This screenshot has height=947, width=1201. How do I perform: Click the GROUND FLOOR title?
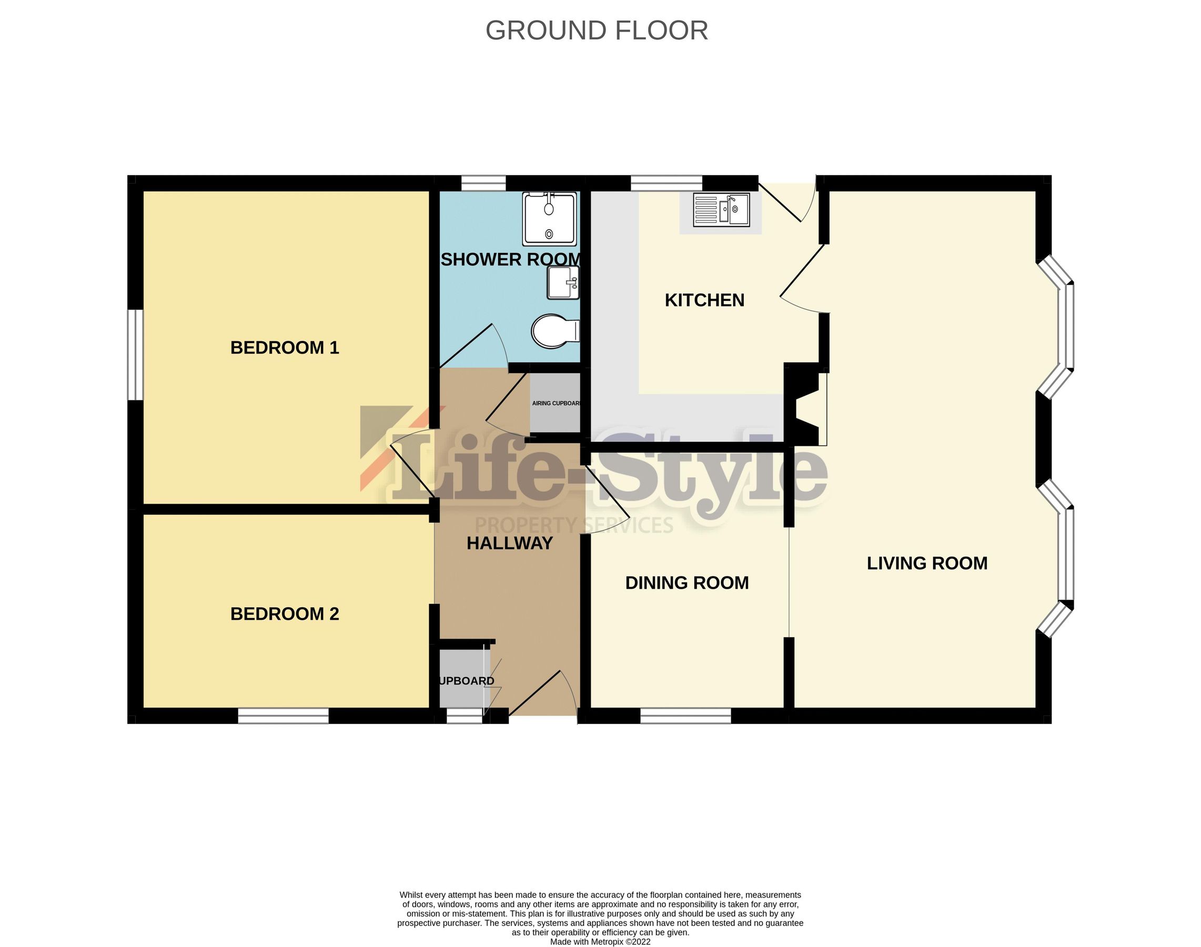click(597, 31)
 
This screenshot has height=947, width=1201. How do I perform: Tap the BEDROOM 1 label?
click(285, 348)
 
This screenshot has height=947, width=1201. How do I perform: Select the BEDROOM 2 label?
click(285, 614)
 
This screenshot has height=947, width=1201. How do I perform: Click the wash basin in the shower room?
click(563, 282)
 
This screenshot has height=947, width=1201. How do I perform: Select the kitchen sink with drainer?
click(721, 209)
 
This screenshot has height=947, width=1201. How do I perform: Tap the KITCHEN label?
click(704, 300)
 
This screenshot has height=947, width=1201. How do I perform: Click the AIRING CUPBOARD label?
click(556, 403)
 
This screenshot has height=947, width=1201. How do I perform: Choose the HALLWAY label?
click(510, 543)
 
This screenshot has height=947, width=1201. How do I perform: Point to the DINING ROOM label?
click(687, 583)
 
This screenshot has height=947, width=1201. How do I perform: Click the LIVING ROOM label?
click(926, 563)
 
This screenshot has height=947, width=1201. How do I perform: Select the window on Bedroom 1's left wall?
click(135, 354)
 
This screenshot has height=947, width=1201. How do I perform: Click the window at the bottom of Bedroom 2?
click(284, 716)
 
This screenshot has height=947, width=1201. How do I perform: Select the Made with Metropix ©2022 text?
click(600, 941)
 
